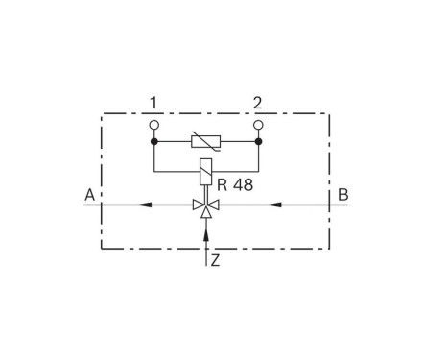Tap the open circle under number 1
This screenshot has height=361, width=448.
pyautogui.click(x=153, y=124)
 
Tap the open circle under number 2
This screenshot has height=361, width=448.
pyautogui.click(x=258, y=124)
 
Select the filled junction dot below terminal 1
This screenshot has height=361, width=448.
pyautogui.click(x=153, y=142)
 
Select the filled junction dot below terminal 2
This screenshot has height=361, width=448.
pyautogui.click(x=258, y=142)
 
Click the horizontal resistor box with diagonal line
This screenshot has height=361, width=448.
pyautogui.click(x=206, y=142)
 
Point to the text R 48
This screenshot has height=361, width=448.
pyautogui.click(x=234, y=183)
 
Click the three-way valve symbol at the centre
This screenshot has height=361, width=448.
pyautogui.click(x=206, y=205)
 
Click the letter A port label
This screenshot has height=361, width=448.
pyautogui.click(x=89, y=195)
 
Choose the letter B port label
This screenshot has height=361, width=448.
pyautogui.click(x=342, y=195)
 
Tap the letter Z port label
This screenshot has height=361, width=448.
pyautogui.click(x=216, y=260)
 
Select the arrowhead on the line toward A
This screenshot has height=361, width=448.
pyautogui.click(x=143, y=204)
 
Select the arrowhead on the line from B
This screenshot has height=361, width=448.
pyautogui.click(x=273, y=204)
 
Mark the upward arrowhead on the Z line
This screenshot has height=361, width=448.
pyautogui.click(x=206, y=231)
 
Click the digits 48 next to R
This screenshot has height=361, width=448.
pyautogui.click(x=243, y=183)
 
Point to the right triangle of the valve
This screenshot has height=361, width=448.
pyautogui.click(x=213, y=204)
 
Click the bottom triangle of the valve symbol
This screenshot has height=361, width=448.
pyautogui.click(x=206, y=211)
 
